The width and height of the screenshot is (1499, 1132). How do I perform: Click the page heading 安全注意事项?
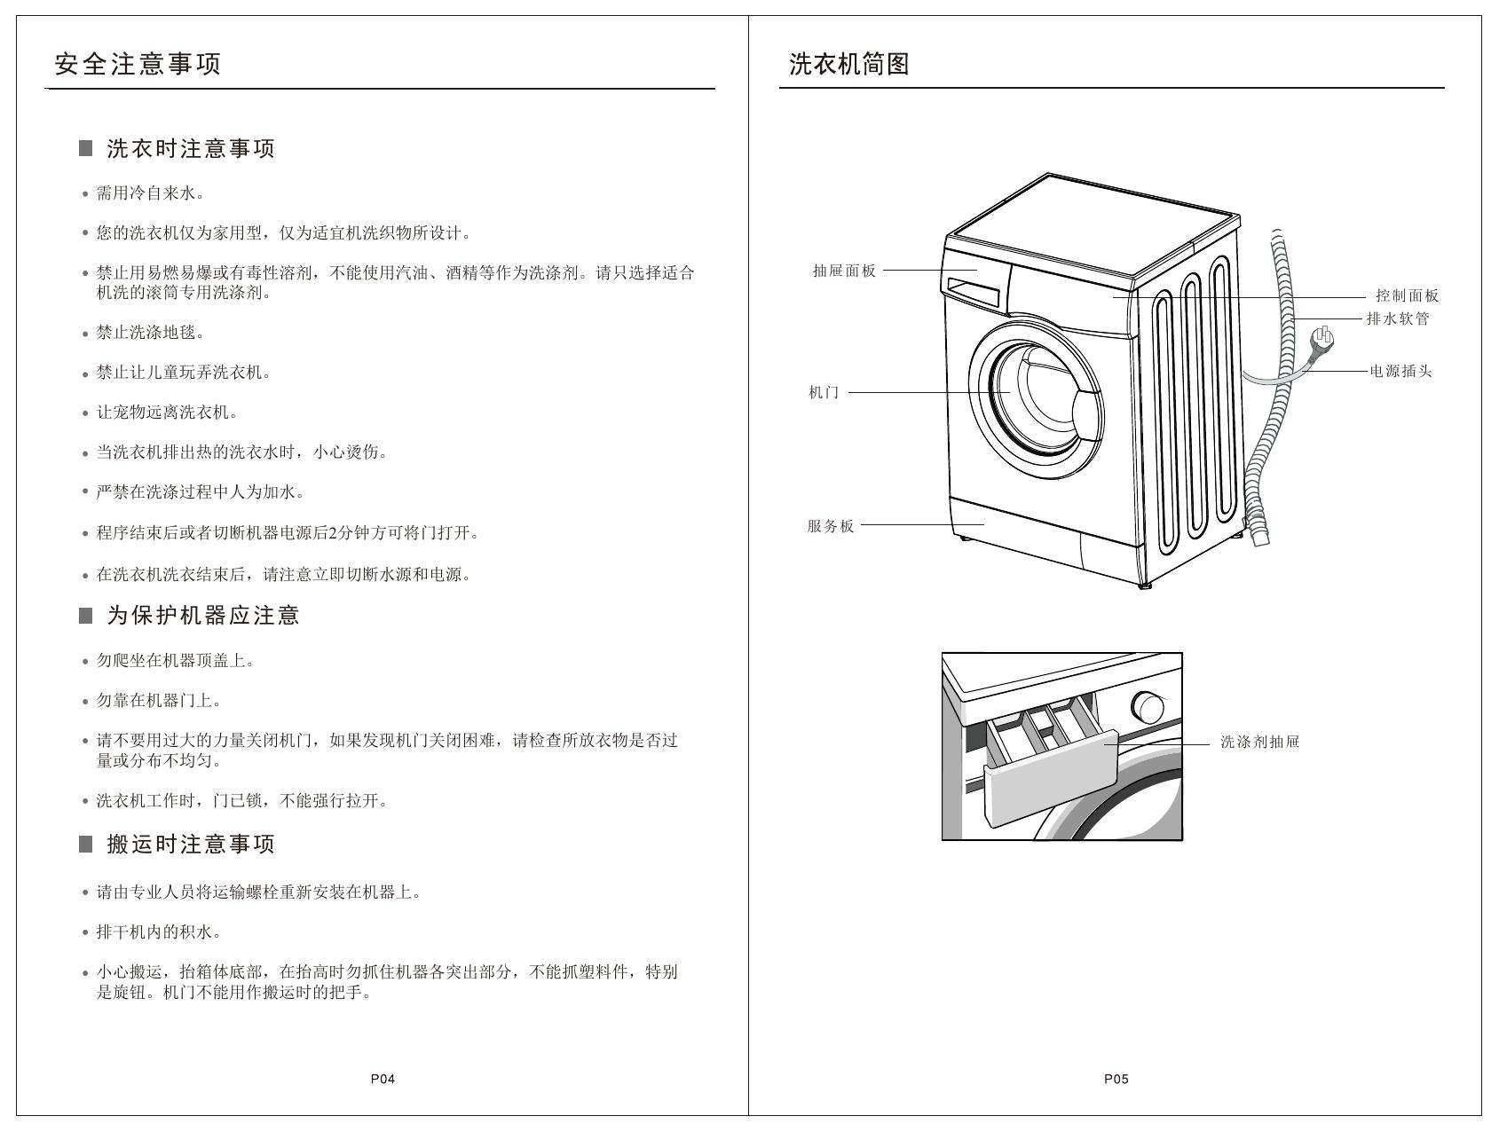pyautogui.click(x=138, y=64)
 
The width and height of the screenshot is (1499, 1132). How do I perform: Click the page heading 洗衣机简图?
pyautogui.click(x=849, y=64)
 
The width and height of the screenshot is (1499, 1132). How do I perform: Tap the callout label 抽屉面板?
pyautogui.click(x=845, y=271)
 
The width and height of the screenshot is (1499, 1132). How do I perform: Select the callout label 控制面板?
pyautogui.click(x=1408, y=295)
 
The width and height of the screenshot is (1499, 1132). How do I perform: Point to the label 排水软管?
pyautogui.click(x=1399, y=318)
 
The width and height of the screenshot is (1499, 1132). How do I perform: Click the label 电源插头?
pyautogui.click(x=1401, y=371)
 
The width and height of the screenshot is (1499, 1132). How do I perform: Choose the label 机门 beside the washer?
pyautogui.click(x=824, y=392)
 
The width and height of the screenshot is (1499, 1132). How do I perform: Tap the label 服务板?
pyautogui.click(x=831, y=525)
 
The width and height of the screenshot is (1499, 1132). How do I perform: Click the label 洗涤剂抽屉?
pyautogui.click(x=1260, y=742)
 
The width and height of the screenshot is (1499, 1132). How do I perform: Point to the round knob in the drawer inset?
pyautogui.click(x=1148, y=707)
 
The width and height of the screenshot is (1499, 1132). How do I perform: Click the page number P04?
pyautogui.click(x=383, y=1079)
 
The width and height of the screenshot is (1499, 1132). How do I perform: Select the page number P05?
pyautogui.click(x=1116, y=1079)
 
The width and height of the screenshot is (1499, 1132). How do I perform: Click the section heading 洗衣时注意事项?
pyautogui.click(x=191, y=148)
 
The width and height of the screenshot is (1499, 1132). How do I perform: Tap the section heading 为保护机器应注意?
pyautogui.click(x=203, y=615)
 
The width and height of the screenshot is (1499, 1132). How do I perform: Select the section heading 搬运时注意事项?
pyautogui.click(x=191, y=844)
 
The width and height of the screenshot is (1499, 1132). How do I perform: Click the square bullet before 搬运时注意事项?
pyautogui.click(x=86, y=844)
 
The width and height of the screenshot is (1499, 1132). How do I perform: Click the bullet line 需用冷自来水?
pyautogui.click(x=151, y=193)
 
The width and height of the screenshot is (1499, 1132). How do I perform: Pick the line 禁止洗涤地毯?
pyautogui.click(x=151, y=333)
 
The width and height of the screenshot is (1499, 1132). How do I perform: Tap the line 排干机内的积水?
pyautogui.click(x=159, y=932)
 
